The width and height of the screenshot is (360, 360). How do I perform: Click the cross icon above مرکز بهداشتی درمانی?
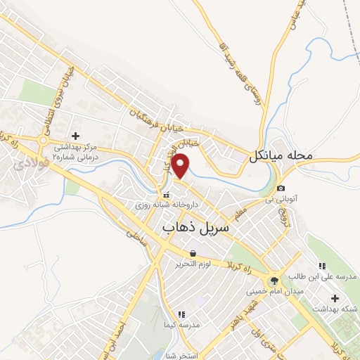[76, 134]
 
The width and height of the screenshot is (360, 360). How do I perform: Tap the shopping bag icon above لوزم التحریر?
[193, 252]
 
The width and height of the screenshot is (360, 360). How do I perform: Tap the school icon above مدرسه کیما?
[181, 314]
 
